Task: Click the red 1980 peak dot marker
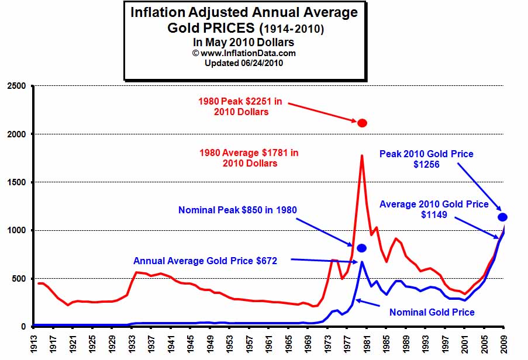(362, 123)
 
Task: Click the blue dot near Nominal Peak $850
(362, 248)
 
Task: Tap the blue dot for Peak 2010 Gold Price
(502, 217)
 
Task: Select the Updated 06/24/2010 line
(244, 62)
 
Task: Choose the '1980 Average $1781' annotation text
(249, 158)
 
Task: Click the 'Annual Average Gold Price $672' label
(205, 261)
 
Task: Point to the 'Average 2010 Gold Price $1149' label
(433, 210)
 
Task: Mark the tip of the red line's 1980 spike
(362, 155)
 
